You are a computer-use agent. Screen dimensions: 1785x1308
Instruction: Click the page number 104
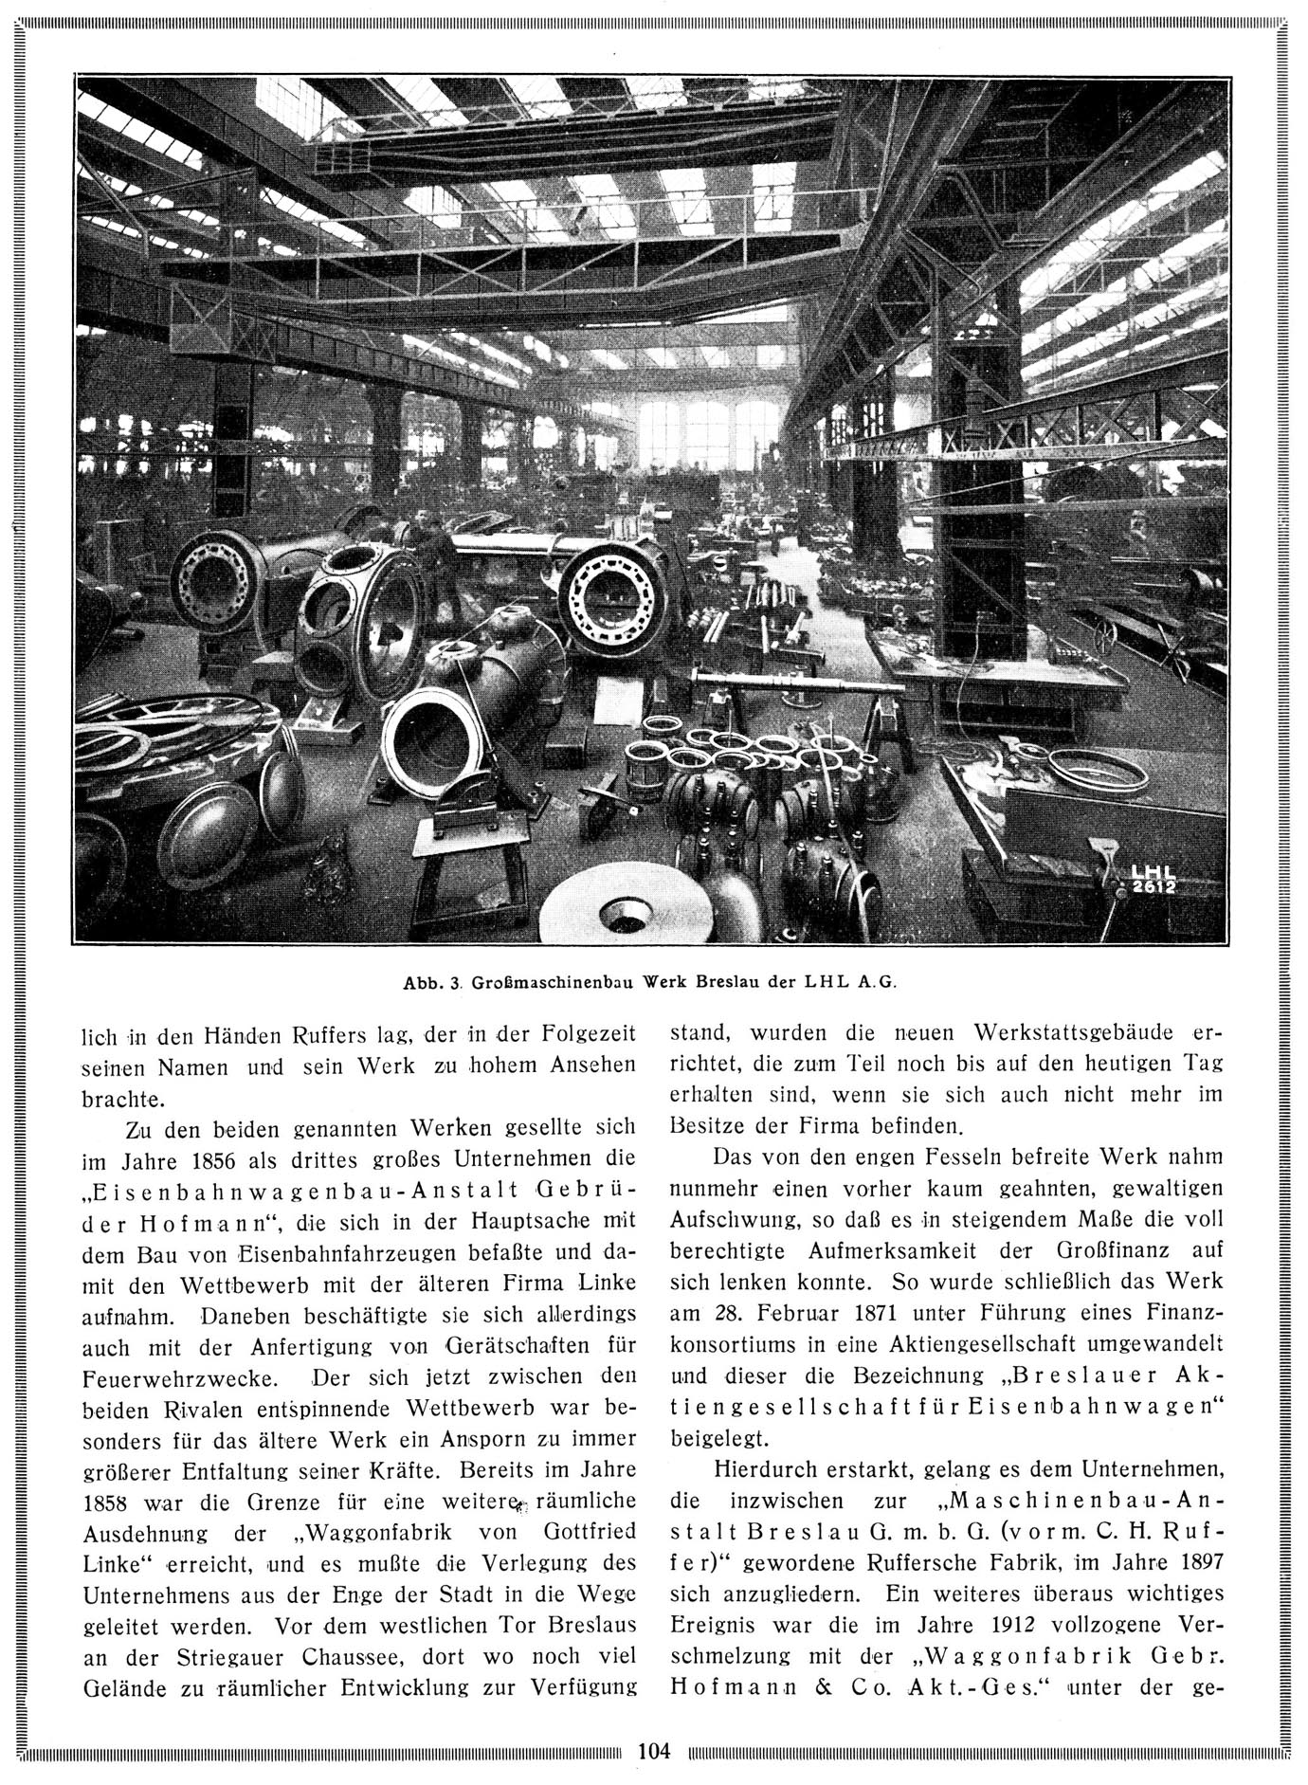coord(654,1749)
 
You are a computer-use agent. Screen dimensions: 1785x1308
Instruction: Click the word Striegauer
coord(224,1657)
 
